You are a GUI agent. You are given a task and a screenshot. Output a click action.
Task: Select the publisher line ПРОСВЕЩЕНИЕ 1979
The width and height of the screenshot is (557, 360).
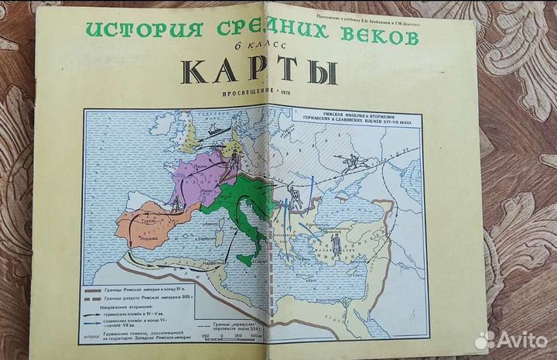click(x=264, y=95)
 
